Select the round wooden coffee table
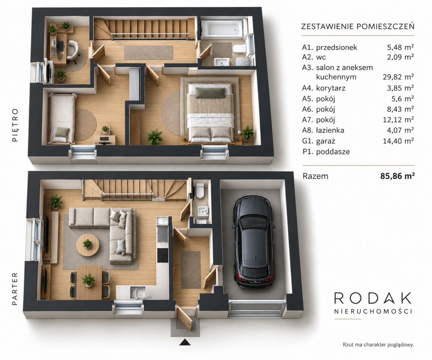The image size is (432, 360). coord(88,245)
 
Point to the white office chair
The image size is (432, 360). coord(72,51)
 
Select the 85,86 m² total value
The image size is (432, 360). coord(397,176)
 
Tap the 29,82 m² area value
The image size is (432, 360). coord(398,77)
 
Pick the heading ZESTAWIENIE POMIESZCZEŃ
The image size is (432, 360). coord(358,27)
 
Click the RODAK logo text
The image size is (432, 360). coord(372,299)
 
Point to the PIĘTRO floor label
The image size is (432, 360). coord(15,125)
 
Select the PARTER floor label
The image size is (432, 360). coord(15,289)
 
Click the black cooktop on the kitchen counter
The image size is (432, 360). coord(163,255)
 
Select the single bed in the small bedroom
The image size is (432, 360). coord(61,118)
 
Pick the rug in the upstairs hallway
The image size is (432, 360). coord(148,52)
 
